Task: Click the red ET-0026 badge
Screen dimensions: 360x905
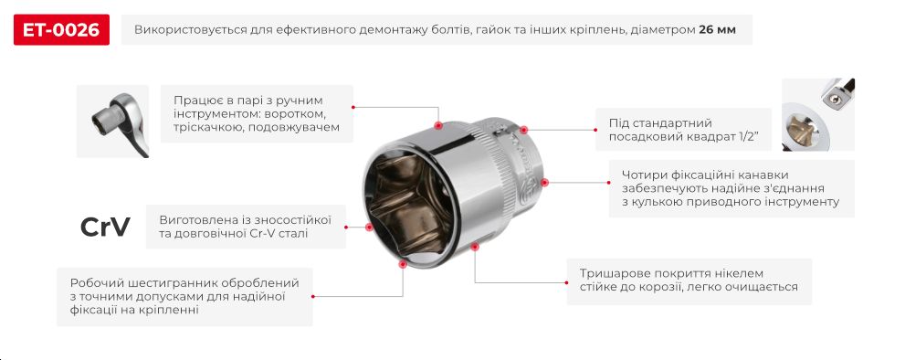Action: click(x=62, y=30)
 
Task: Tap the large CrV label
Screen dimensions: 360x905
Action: click(x=105, y=227)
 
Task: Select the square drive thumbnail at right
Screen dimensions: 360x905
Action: click(x=817, y=114)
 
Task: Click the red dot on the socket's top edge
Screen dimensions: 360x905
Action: click(x=438, y=124)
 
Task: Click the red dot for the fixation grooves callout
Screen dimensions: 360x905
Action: click(x=547, y=183)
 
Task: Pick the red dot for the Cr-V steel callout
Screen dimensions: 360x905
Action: click(x=369, y=226)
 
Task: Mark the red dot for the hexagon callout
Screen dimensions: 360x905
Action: click(x=404, y=264)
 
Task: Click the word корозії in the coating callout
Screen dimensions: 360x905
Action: click(x=670, y=287)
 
